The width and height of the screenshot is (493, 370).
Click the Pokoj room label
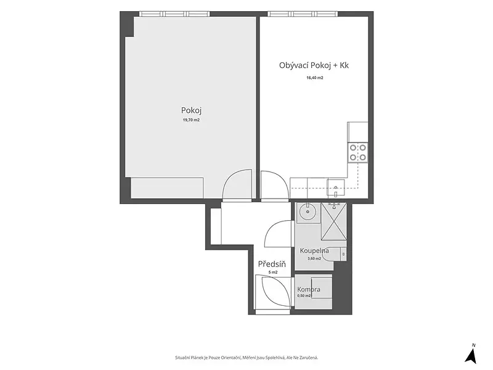pos(191,110)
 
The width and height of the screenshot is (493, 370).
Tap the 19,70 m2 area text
pos(191,120)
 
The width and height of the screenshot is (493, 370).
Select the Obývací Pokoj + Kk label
pos(314,65)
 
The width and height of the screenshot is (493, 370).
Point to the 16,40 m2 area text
pos(315,78)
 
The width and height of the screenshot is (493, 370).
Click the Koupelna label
pos(314,251)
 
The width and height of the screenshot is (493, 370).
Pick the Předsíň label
pos(272,264)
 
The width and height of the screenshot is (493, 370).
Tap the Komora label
pos(309,289)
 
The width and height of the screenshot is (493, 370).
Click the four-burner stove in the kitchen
pos(358,152)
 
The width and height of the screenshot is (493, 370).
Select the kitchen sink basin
pos(336,188)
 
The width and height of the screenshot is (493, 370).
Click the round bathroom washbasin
pos(308,212)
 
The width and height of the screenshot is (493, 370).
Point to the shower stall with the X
pos(334,221)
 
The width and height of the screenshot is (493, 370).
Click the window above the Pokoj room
pos(174,14)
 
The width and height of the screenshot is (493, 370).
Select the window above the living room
pos(303,14)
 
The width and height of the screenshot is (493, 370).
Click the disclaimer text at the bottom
pos(246,358)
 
